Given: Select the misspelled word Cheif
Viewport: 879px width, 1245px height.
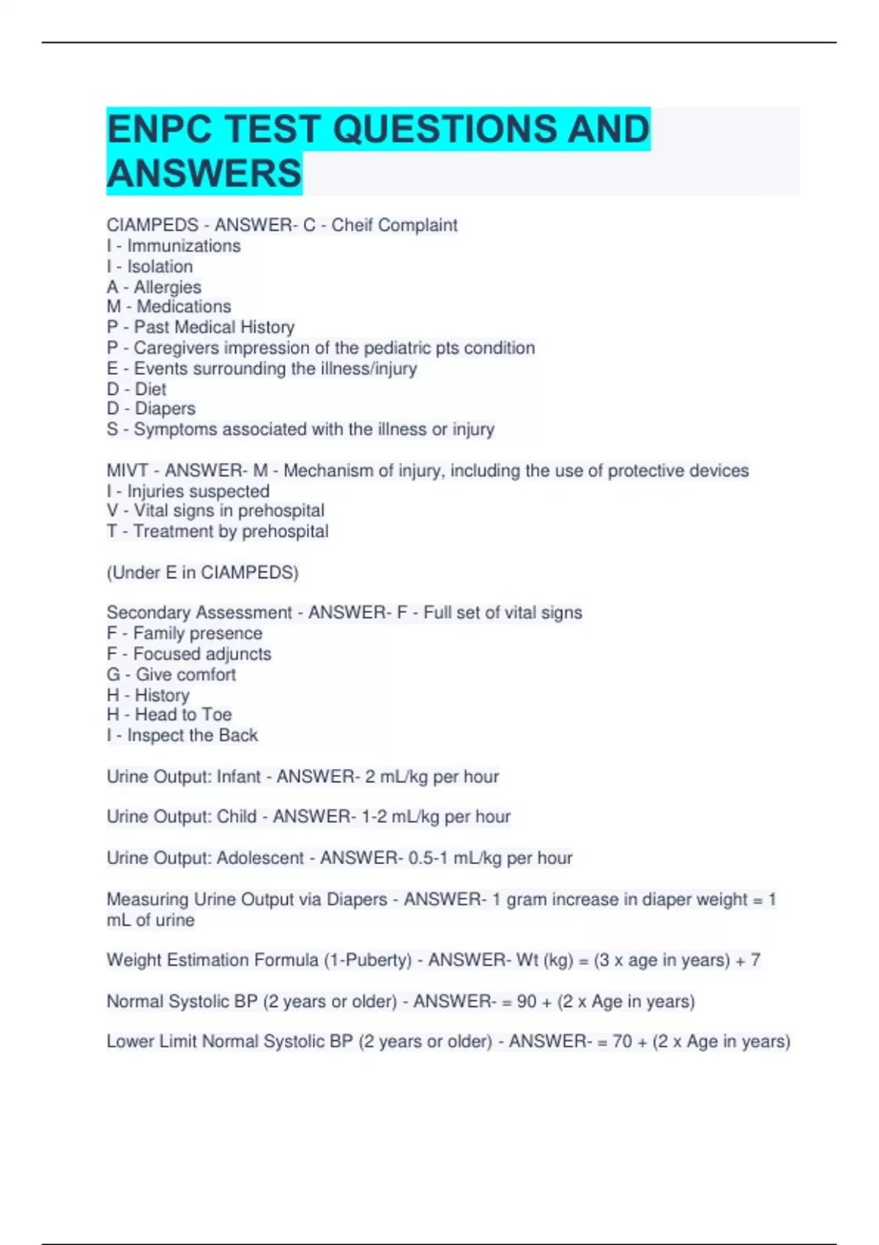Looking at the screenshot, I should coord(352,226).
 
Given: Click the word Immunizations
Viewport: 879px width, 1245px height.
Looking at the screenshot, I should coord(184,246).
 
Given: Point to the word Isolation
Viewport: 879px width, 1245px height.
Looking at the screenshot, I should coord(160,267).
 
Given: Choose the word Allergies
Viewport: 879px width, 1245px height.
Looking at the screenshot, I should coord(167,287).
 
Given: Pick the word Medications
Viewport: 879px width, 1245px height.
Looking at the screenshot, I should coord(183,307).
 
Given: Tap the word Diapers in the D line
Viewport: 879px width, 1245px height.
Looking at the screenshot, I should coord(165,409).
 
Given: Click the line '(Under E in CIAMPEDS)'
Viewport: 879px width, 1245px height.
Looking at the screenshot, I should coord(202,573).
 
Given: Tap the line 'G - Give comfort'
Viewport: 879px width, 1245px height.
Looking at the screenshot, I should coord(171,674).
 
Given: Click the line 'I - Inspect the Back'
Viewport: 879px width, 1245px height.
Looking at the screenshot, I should coord(182,735).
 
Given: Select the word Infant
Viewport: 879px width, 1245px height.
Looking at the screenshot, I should coord(238,777).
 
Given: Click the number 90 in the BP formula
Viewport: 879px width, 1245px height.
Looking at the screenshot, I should coord(526,1002).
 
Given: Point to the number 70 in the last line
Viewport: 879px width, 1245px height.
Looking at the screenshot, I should coord(622,1042).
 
